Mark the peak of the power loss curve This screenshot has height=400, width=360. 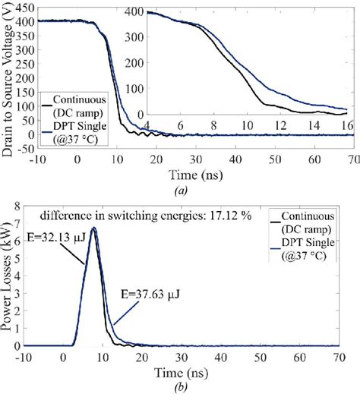click(x=93, y=227)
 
